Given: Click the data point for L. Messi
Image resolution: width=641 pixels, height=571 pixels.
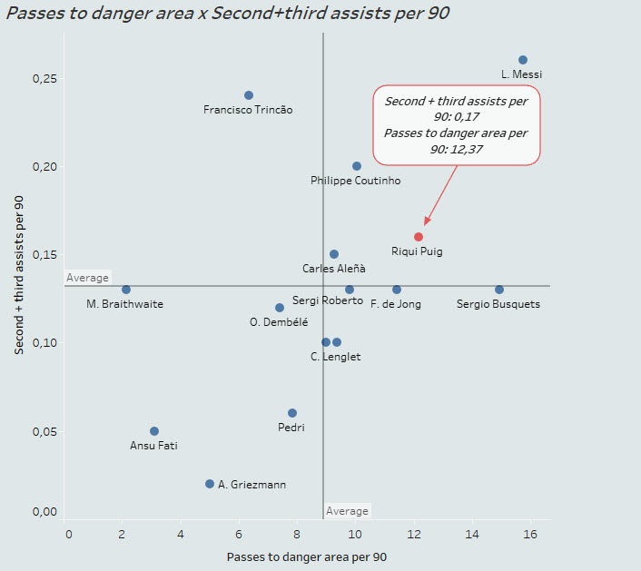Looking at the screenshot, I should coord(522,60).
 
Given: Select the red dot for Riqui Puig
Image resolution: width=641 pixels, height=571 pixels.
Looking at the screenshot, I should coord(419,237).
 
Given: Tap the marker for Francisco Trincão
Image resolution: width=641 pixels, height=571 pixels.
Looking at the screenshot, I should coord(249,95).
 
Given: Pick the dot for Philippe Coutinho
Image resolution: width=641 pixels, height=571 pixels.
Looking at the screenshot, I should coord(357,166).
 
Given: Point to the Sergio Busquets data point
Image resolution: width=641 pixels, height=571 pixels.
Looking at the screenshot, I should coord(499,290).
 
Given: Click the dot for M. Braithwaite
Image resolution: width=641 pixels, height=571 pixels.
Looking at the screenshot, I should coord(126,290).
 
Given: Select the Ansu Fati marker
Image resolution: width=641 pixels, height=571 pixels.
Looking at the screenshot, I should coord(154,431).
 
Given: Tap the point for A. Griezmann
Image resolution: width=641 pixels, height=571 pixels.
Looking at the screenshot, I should coord(210,484).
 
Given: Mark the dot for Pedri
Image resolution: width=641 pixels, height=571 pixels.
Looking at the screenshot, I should coord(292,413).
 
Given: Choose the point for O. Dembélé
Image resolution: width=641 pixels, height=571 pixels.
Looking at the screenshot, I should coord(280,308).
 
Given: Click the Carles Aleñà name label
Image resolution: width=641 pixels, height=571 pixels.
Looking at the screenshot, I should coord(334,269).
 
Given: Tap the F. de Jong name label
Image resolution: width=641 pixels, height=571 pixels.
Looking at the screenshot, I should coord(396,304).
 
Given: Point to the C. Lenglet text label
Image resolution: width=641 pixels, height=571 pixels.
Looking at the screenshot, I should coord(335,357).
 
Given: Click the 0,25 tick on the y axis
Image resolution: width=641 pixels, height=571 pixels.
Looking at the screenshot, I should coord(44,79).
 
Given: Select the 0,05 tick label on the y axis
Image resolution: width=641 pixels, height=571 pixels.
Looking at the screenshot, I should coord(44,431).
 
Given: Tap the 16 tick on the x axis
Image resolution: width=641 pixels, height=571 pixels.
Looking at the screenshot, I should coord(530,534).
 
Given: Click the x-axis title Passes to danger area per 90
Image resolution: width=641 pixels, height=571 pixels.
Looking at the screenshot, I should coord(307,557).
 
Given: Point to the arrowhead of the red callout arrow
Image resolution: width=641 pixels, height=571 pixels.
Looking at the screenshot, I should coord(425,223).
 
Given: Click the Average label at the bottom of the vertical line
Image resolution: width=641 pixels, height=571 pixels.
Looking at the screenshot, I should coord(347,511).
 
